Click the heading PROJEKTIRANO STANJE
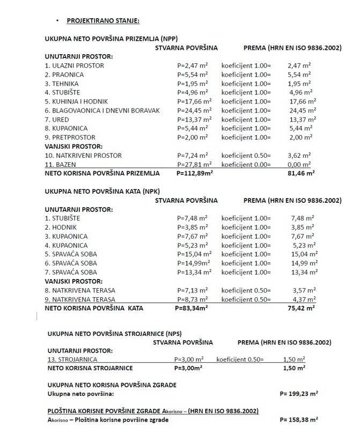(103, 20)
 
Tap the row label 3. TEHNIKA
(62, 84)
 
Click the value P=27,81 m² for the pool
(194, 164)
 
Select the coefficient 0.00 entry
(246, 164)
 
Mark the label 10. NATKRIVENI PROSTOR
(83, 156)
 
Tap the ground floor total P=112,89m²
(195, 173)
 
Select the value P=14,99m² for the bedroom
(194, 263)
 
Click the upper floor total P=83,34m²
(192, 309)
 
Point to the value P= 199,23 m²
(299, 393)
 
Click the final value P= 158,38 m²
(299, 420)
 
